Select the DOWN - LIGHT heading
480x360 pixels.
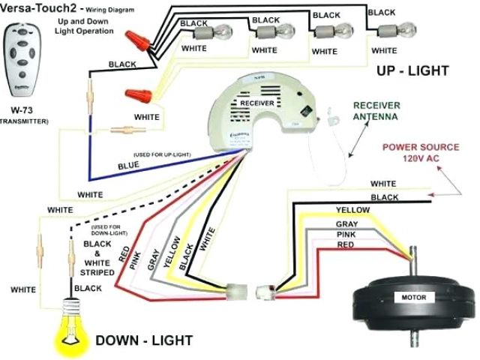144,340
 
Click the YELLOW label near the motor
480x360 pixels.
352,209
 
